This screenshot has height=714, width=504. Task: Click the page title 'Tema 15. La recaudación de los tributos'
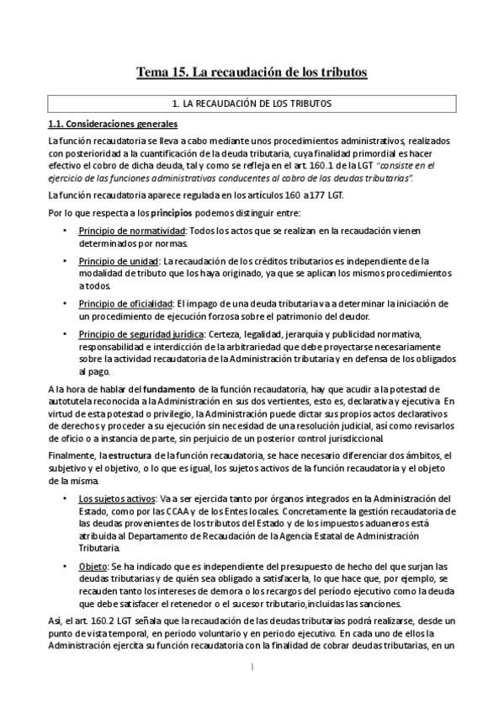252,73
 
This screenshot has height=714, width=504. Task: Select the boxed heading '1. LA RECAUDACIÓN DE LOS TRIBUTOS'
251,104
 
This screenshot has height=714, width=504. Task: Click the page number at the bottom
252,667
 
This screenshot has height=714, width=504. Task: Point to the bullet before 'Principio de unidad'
66,261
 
